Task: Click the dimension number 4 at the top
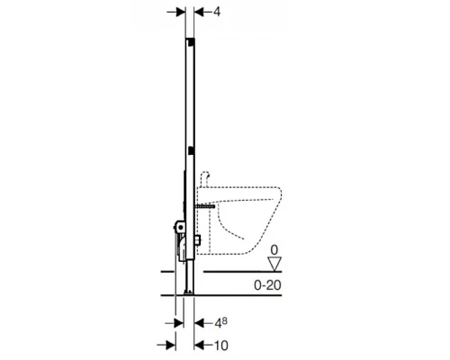(217, 12)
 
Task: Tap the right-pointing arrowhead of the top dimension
(181, 12)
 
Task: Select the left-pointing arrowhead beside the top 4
(199, 12)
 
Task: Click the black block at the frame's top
(190, 42)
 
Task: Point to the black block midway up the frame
(190, 150)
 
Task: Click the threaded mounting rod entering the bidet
(205, 206)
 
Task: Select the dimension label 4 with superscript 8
(220, 323)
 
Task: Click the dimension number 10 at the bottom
(220, 346)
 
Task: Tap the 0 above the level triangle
(274, 250)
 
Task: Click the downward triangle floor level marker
(274, 264)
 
